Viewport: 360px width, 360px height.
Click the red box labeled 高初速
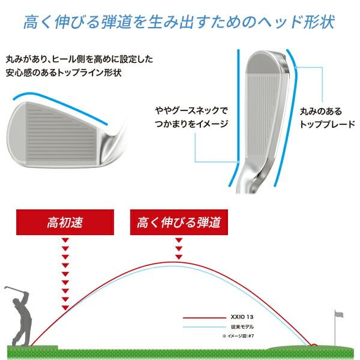64,223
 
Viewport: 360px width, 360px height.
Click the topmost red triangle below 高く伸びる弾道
178,241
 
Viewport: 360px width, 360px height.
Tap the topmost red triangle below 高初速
65,241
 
